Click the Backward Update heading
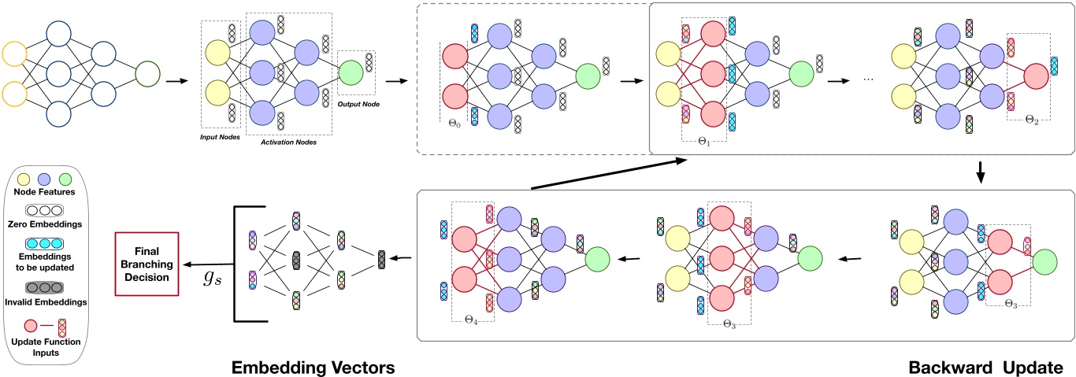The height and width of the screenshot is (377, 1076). point(985,367)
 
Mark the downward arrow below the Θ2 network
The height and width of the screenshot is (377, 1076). point(981,171)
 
